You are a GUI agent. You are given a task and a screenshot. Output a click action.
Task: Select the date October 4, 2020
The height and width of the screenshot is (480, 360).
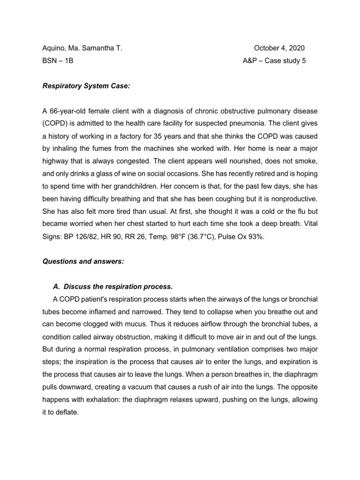(x=279, y=48)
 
